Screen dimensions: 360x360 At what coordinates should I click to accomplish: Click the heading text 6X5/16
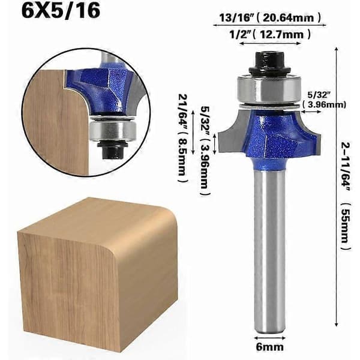coord(61,11)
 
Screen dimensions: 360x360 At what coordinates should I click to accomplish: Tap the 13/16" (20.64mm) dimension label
coord(270,17)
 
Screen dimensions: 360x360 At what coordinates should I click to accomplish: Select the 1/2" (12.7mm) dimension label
coord(270,34)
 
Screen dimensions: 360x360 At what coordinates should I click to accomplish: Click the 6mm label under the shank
coord(270,347)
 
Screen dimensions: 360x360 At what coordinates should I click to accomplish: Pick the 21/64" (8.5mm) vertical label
coord(183,139)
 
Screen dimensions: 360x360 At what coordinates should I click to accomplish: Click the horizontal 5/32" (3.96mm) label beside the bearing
coord(324,100)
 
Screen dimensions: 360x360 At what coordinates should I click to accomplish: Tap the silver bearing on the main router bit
coord(269,90)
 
